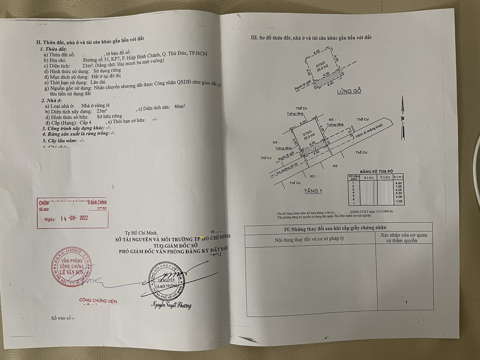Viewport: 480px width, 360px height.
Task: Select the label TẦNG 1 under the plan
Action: [313, 191]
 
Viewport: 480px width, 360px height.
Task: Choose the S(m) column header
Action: [398, 177]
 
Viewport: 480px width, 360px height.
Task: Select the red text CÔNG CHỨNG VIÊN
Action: [98, 301]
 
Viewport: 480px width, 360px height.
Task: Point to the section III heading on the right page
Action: [311, 37]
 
